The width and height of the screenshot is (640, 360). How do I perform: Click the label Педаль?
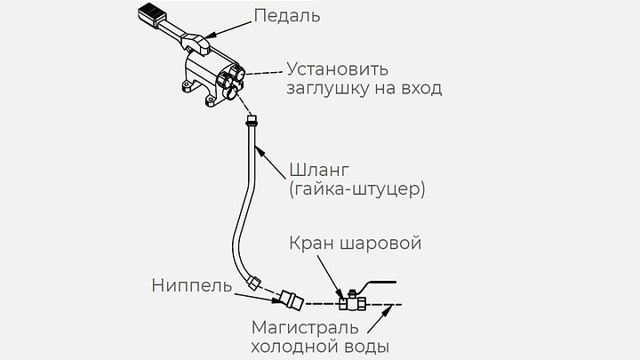pyautogui.click(x=287, y=17)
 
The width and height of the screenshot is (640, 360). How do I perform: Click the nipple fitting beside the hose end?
pyautogui.click(x=292, y=297)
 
